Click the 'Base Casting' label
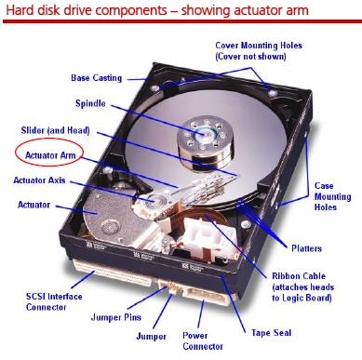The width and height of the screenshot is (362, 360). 96,78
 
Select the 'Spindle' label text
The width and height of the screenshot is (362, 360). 90,103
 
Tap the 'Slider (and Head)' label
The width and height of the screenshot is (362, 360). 56,130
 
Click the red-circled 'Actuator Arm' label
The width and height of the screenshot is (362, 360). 50,155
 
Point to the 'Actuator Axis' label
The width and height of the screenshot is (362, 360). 39,180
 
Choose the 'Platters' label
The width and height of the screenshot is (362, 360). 306,248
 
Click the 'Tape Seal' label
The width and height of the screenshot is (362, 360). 271,333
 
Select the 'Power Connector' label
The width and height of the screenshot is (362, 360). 203,340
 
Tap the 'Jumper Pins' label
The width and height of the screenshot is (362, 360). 116,317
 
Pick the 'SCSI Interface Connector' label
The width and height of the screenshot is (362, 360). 54,301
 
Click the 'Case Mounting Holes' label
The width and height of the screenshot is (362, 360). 332,196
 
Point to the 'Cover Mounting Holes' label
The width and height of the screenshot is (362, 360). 259,51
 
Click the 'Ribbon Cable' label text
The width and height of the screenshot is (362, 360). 299,276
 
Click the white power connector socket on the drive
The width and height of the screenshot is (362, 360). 206,296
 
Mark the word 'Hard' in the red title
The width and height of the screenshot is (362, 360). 20,10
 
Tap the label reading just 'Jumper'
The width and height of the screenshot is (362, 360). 151,337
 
